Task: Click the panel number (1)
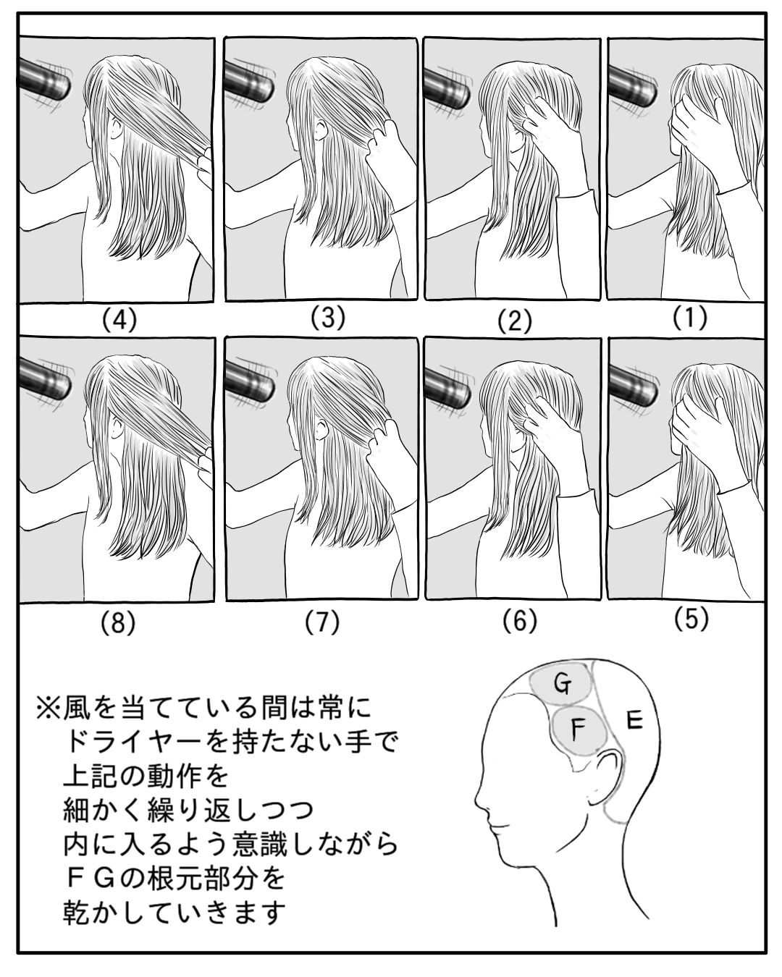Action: point(690,318)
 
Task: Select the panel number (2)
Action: point(514,322)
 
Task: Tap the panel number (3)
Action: point(328,318)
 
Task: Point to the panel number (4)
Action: point(119,321)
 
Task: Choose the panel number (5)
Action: point(691,619)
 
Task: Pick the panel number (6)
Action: point(519,621)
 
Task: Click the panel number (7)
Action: point(323,622)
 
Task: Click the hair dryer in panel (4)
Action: point(46,80)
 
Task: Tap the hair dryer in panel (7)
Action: point(250,381)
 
